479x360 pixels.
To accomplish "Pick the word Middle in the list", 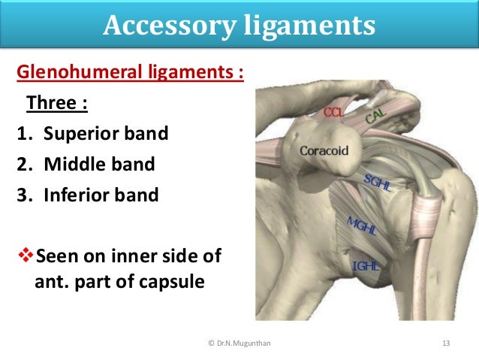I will tap(72, 165).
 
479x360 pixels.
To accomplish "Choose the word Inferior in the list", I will tap(75, 195).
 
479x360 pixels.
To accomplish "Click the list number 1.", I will tap(23, 134).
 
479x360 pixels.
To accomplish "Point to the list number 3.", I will tap(23, 195).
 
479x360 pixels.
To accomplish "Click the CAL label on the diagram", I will tap(378, 117).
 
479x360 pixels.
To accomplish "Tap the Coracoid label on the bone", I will tap(324, 150).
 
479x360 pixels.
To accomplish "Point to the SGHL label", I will tap(378, 183).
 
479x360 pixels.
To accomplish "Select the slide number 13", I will tap(446, 343).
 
